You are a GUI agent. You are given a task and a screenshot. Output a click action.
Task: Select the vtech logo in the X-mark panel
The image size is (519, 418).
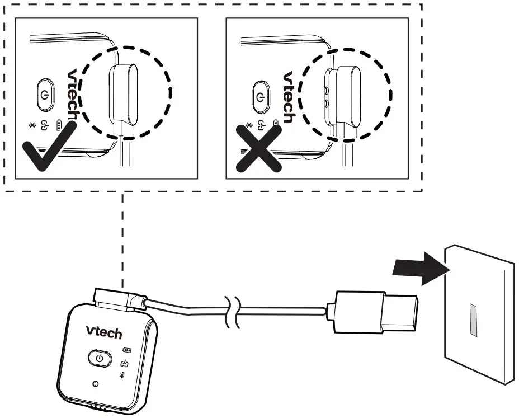288,97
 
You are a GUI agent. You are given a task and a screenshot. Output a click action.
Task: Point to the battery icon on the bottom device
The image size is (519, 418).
127,351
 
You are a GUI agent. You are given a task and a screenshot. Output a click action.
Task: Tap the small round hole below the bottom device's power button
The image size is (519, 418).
95,384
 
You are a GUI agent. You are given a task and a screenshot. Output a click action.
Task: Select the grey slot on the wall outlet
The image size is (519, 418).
473,320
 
